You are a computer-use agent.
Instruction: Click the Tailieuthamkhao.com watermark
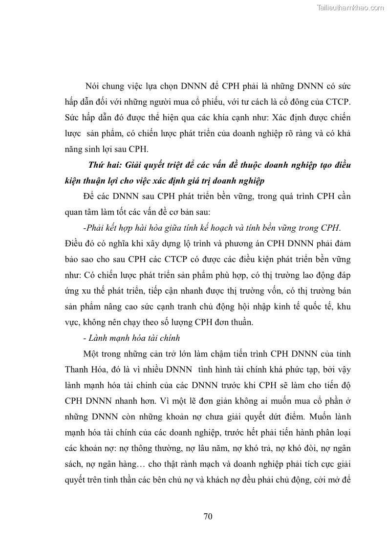click(x=350, y=7)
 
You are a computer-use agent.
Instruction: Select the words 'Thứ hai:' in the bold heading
click(x=104, y=165)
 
